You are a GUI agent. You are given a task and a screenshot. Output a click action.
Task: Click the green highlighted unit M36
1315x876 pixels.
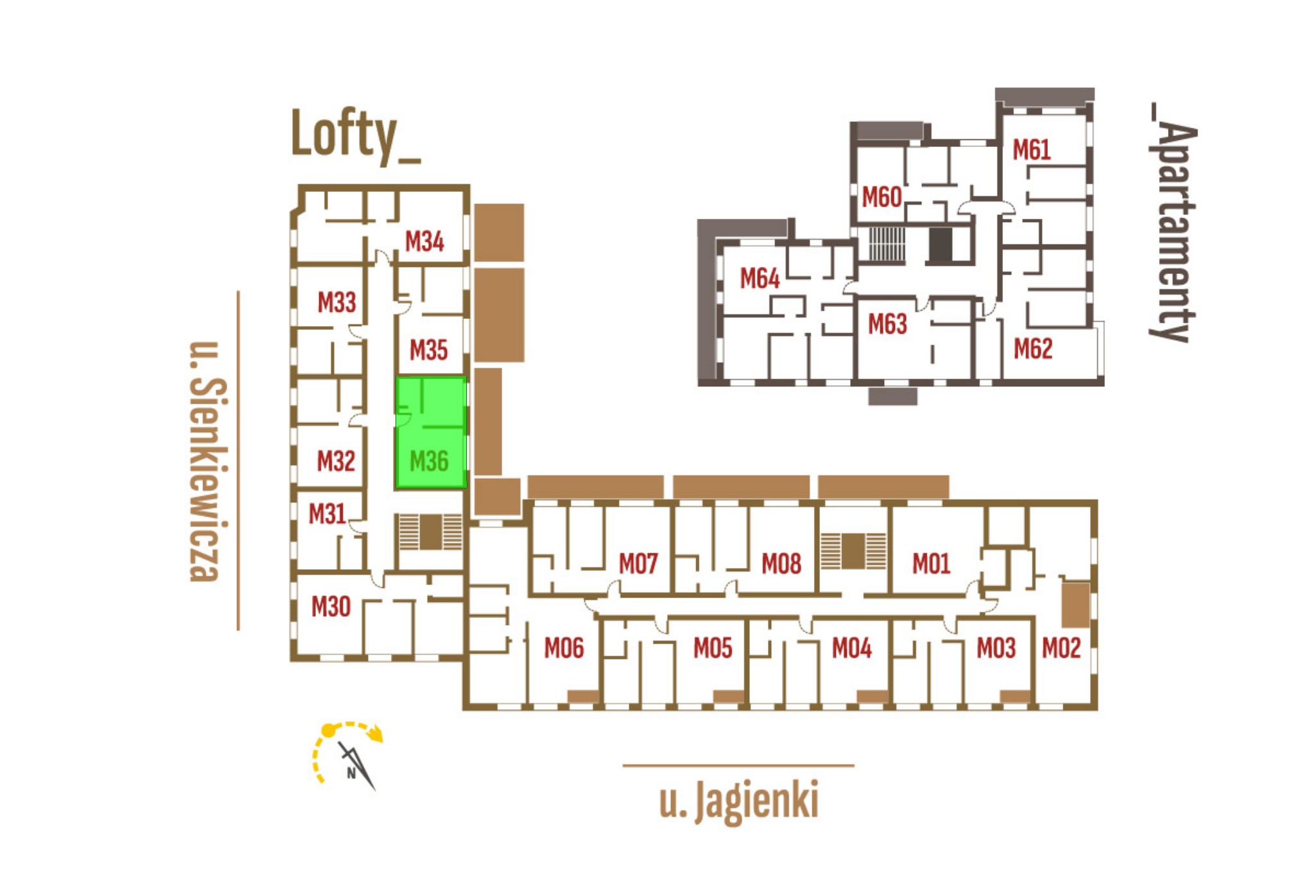[431, 432]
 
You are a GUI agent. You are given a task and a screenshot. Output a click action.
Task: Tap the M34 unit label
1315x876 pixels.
[424, 241]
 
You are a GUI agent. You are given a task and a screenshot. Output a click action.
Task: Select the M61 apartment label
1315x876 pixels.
[1032, 150]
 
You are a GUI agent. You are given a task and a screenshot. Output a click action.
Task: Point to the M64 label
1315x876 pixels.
[760, 279]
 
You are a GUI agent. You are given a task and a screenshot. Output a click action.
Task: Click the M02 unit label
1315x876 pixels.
[1061, 648]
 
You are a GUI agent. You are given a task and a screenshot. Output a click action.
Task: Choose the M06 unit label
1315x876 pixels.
[564, 648]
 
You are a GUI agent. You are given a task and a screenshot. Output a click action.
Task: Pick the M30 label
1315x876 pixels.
[331, 606]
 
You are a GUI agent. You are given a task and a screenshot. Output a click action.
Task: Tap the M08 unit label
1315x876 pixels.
[781, 564]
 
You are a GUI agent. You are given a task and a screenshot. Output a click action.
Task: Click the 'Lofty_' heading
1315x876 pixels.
[356, 135]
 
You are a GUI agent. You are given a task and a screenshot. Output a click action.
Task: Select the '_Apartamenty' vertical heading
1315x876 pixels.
[1173, 223]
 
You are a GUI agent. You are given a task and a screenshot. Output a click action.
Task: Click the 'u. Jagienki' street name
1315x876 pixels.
[739, 802]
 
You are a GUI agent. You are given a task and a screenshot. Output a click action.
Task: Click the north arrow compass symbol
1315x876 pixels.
[356, 766]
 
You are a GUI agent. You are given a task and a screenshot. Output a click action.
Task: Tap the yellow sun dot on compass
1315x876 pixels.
[328, 730]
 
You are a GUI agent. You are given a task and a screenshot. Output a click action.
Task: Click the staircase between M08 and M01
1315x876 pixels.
[853, 551]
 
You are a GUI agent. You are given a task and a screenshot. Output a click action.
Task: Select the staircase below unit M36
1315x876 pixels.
[430, 532]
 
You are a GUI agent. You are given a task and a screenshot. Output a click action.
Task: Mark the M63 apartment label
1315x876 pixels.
[887, 324]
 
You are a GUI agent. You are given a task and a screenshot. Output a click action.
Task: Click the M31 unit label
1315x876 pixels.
[327, 514]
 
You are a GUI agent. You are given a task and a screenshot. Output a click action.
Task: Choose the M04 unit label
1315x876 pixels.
[852, 648]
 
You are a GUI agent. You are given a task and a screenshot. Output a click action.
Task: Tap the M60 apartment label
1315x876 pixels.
[882, 197]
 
